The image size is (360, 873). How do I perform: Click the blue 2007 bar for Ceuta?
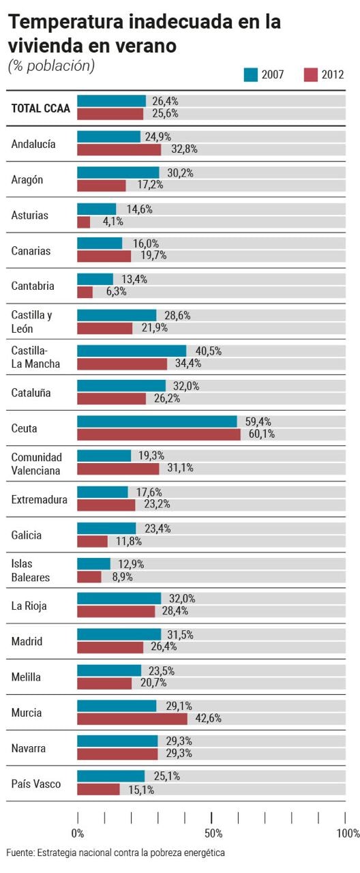click(157, 421)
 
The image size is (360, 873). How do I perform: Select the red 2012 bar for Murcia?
click(132, 719)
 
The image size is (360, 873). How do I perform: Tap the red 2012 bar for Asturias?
click(83, 222)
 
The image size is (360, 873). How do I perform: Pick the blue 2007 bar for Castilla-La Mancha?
click(132, 351)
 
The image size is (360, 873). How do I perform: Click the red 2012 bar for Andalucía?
click(119, 149)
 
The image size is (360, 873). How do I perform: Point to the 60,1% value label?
click(262, 434)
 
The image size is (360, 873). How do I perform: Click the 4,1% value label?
click(113, 222)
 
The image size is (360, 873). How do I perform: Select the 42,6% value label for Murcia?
click(209, 718)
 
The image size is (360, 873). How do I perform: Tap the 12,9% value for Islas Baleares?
click(131, 564)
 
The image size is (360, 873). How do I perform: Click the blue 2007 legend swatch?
click(251, 75)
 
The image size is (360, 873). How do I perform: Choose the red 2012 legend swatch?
click(310, 75)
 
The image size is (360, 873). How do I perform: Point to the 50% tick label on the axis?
click(213, 833)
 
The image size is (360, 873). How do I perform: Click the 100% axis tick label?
click(348, 833)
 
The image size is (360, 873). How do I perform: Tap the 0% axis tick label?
click(78, 833)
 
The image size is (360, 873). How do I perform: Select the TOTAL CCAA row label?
click(40, 108)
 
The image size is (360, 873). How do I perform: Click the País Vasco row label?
click(36, 784)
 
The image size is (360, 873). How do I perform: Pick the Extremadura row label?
click(39, 500)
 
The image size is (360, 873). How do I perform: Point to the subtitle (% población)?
click(51, 65)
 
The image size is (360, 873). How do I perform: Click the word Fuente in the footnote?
click(20, 853)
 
